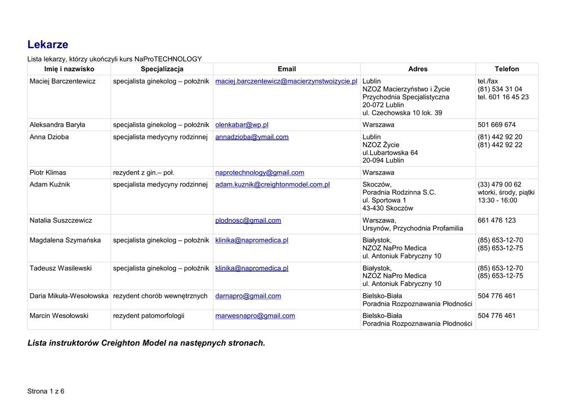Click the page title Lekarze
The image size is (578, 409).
[48, 45]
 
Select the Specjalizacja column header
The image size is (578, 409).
[162, 69]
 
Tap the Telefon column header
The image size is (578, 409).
[506, 69]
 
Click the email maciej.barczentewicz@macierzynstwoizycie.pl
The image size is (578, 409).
[286, 81]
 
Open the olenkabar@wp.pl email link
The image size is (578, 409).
[242, 125]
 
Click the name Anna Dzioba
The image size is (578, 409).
[49, 137]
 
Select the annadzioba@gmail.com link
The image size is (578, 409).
[252, 137]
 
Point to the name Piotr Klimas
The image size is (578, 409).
[47, 173]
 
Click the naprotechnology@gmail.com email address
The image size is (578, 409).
[260, 173]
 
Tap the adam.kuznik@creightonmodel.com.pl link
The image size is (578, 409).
[272, 185]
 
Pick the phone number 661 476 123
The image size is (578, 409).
[496, 220]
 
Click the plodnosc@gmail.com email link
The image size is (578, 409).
[248, 220]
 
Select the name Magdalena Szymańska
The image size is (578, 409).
[65, 240]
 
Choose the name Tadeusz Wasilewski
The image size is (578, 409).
[60, 268]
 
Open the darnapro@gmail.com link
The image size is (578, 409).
[248, 296]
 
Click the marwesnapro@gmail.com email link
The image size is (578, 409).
[255, 316]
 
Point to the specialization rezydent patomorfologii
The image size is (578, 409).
[148, 316]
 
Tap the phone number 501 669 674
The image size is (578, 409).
[496, 125]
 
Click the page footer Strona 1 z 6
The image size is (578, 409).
[46, 391]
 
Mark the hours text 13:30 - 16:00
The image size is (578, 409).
[497, 201]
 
